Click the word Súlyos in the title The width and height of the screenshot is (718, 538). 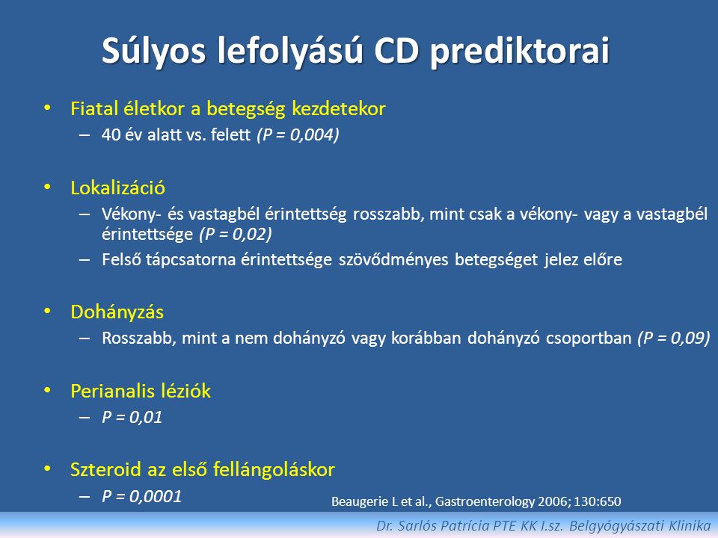[154, 52]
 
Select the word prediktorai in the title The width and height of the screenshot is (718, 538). [521, 52]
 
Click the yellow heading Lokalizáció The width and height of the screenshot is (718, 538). [117, 188]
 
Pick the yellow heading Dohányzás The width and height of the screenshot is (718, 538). [117, 312]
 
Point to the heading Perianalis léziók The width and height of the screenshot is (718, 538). [141, 391]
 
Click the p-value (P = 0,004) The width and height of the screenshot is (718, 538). [298, 134]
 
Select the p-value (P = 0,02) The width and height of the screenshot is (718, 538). [236, 234]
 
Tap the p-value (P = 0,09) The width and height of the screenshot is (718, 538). [674, 338]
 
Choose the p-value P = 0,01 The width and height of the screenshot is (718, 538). [132, 417]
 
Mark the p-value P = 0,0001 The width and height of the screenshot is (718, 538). [141, 496]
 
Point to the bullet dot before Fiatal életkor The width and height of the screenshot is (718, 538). [47, 108]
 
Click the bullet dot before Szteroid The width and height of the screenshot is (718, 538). [47, 469]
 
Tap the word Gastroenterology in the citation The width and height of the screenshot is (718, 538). [485, 502]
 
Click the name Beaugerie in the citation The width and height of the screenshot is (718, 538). [360, 502]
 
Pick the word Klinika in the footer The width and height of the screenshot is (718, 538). [690, 525]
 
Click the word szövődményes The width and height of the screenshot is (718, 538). [394, 259]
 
